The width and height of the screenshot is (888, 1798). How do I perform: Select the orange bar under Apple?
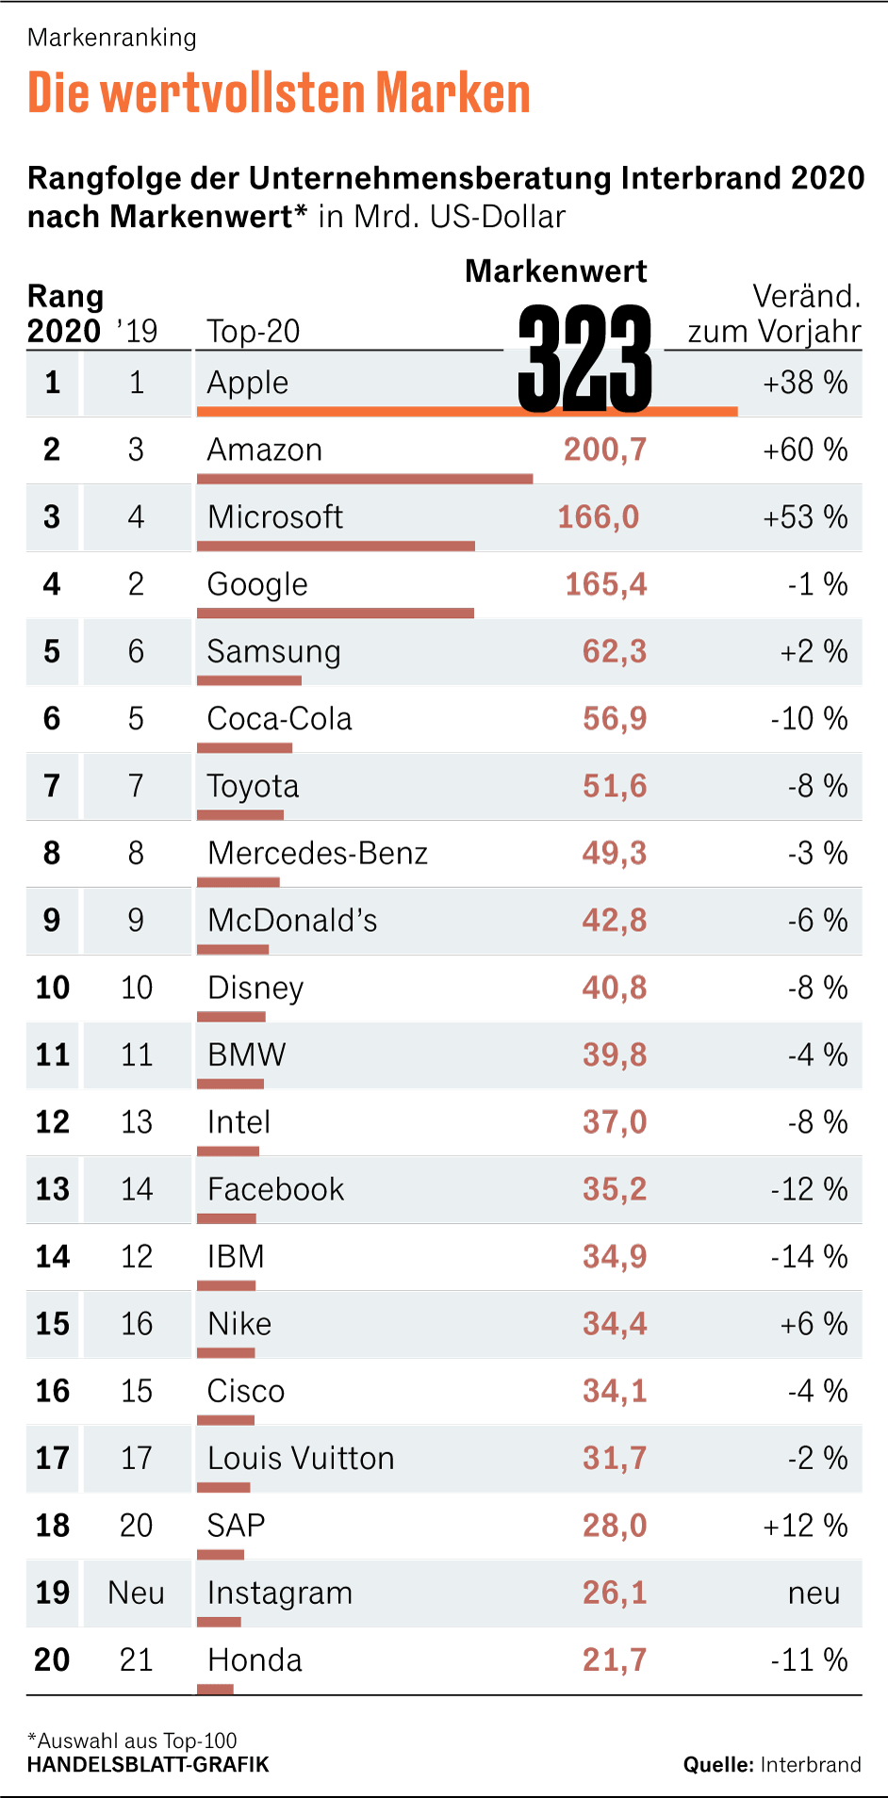point(467,411)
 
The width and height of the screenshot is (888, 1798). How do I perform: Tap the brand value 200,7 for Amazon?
point(605,449)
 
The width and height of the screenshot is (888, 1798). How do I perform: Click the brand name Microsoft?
point(274,517)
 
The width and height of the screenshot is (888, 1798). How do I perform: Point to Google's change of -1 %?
point(816,584)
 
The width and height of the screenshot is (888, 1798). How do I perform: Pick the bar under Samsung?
point(249,680)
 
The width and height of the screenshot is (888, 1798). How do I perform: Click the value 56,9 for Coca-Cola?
point(614,719)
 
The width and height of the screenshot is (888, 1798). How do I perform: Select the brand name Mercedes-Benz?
point(317,854)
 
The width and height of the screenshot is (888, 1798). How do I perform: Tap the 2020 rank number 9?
point(52,921)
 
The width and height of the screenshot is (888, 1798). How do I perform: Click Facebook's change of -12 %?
point(808,1189)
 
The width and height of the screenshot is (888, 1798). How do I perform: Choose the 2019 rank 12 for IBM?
point(137,1257)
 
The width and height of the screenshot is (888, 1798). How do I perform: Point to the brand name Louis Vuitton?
point(301,1459)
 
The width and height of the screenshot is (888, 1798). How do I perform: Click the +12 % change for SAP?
point(804,1526)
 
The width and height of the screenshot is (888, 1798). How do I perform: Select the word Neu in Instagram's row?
point(137,1593)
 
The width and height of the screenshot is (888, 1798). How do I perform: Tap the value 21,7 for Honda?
point(614,1659)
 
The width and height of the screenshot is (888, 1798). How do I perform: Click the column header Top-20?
point(253,332)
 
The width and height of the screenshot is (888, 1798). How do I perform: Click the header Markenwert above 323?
point(555,271)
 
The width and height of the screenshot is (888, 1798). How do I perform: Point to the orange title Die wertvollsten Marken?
point(279,93)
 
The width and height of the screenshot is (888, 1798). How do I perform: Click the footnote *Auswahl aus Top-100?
point(132,1741)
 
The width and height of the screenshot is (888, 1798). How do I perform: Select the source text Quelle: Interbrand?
point(771,1765)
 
